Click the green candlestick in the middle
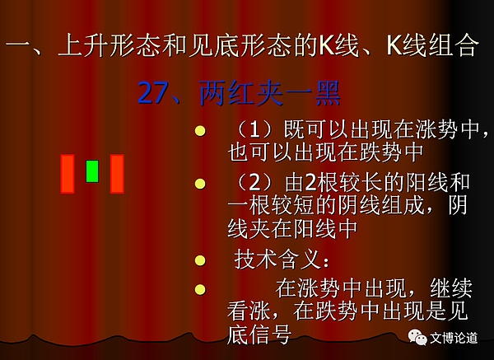click(x=92, y=171)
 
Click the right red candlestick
click(x=117, y=174)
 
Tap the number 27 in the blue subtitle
click(x=153, y=94)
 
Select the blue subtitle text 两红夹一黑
click(x=270, y=94)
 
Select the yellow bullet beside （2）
click(x=199, y=182)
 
